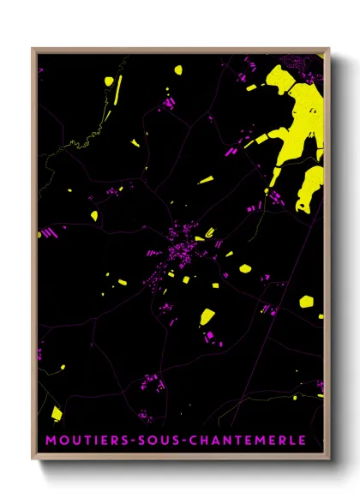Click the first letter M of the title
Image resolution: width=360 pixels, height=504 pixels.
coord(51,440)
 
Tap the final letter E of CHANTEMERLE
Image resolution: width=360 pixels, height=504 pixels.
coord(302,440)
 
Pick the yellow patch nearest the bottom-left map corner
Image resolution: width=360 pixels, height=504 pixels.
coord(57,413)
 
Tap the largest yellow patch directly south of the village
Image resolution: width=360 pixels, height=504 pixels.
coord(207,315)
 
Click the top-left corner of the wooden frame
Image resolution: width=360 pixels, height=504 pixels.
coord(33,50)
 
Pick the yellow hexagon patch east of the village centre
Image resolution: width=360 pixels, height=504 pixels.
coord(245,268)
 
